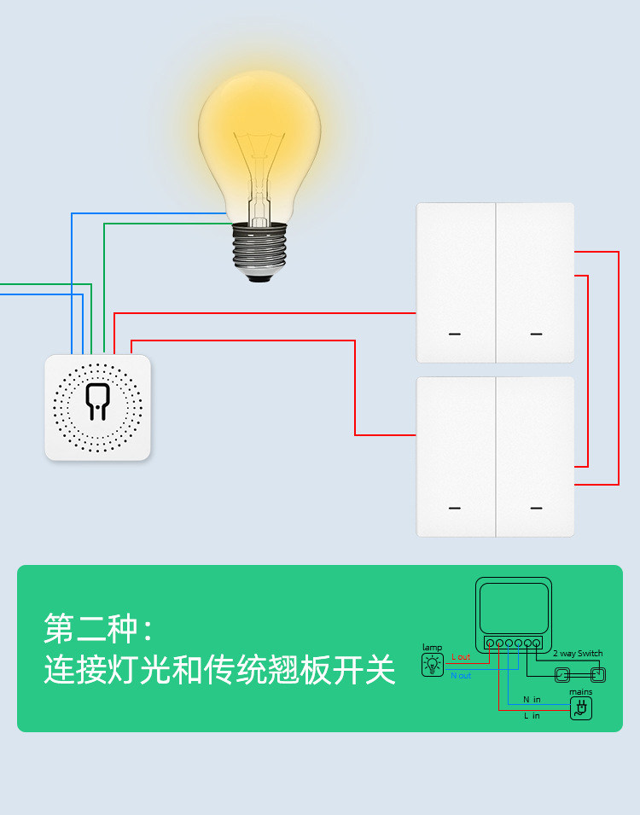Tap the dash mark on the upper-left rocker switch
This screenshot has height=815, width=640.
(455, 334)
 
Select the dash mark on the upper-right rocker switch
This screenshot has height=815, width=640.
(536, 334)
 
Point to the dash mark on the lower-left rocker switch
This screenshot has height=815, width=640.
(455, 508)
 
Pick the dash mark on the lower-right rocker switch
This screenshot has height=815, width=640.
(536, 508)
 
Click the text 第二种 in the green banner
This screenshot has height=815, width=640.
(90, 629)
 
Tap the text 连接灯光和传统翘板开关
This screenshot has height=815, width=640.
(219, 669)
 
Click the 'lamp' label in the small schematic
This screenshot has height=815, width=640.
(433, 648)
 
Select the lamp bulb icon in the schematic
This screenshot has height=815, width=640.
(433, 664)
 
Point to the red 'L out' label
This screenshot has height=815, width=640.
(461, 657)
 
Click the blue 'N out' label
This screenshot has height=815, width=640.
(461, 676)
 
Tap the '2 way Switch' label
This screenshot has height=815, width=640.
(577, 653)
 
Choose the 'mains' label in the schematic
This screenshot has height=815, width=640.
(581, 692)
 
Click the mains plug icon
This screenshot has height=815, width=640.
(581, 707)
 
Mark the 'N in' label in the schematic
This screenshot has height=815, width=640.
(532, 700)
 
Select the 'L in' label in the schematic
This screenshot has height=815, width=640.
(532, 716)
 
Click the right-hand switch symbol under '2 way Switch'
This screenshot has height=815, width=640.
(597, 674)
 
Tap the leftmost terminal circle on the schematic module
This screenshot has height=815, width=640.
(489, 643)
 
